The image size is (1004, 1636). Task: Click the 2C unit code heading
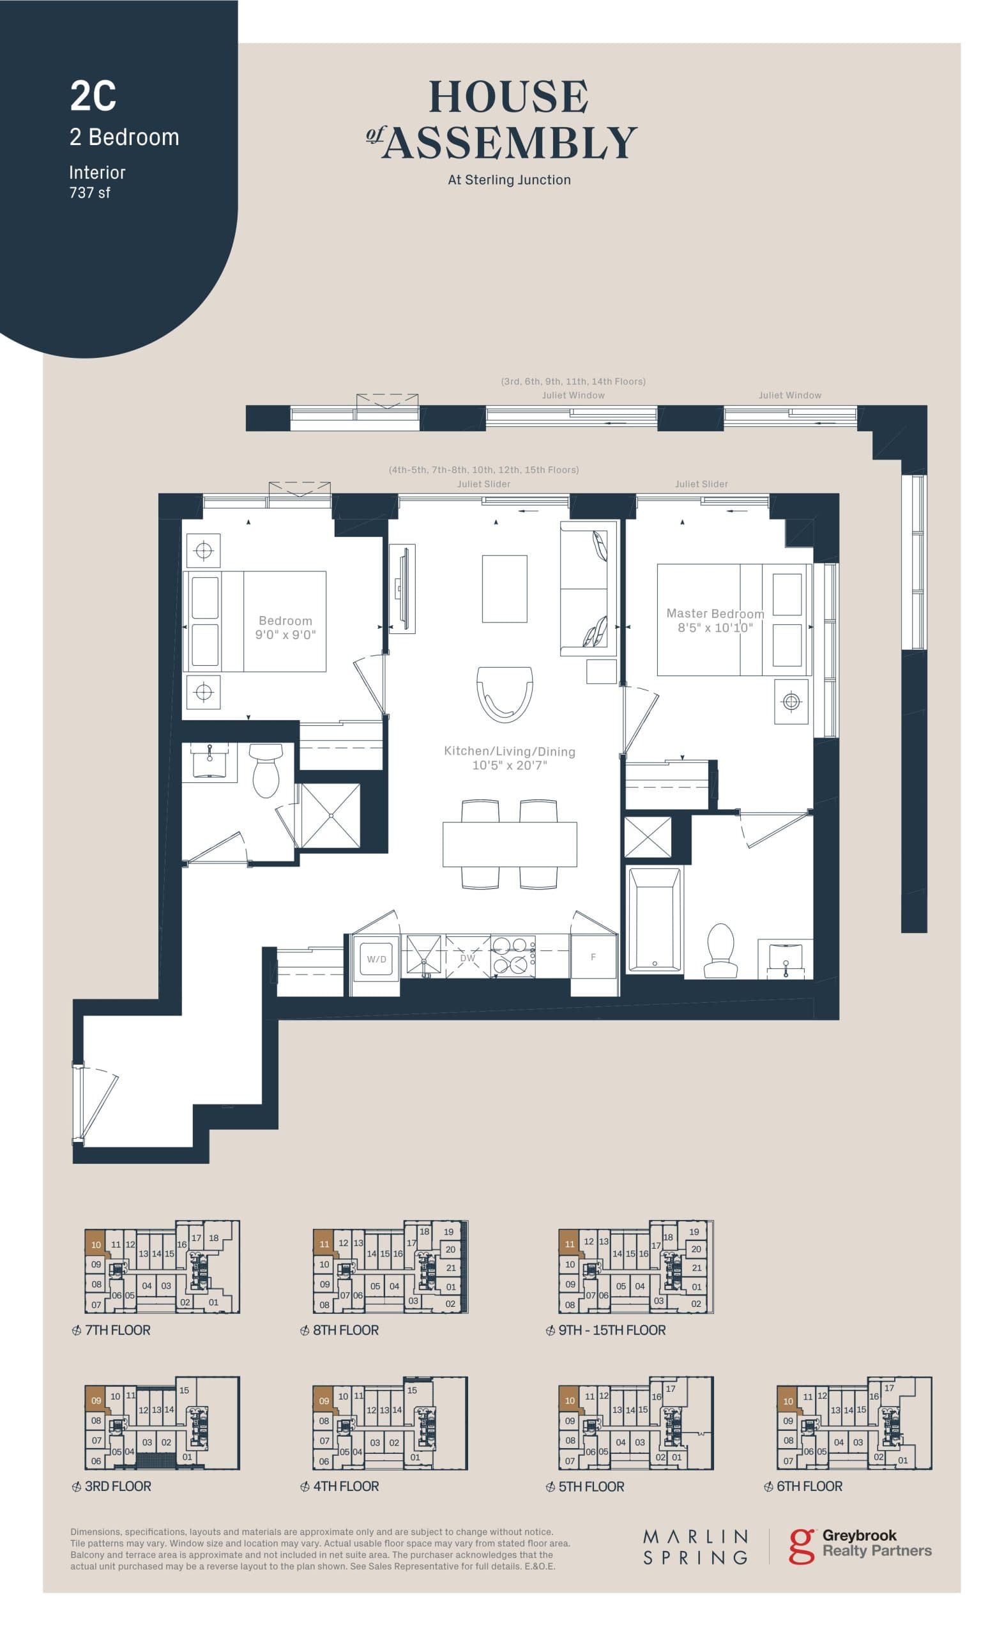click(x=93, y=96)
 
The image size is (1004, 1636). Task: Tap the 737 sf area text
click(x=89, y=192)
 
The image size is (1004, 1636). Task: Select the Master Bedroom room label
click(x=715, y=613)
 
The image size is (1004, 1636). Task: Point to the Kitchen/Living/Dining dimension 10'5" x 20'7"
click(x=509, y=765)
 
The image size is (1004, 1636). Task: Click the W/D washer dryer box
click(x=377, y=959)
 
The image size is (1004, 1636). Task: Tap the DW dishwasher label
click(x=468, y=958)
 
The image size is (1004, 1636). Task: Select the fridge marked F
click(x=593, y=957)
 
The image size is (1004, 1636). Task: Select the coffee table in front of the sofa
click(x=505, y=589)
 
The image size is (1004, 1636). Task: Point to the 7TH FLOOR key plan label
click(x=118, y=1330)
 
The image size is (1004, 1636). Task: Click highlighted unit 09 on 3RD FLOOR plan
click(x=96, y=1400)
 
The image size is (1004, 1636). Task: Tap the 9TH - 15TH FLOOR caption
click(x=612, y=1330)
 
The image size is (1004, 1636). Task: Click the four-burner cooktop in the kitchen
click(x=513, y=957)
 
